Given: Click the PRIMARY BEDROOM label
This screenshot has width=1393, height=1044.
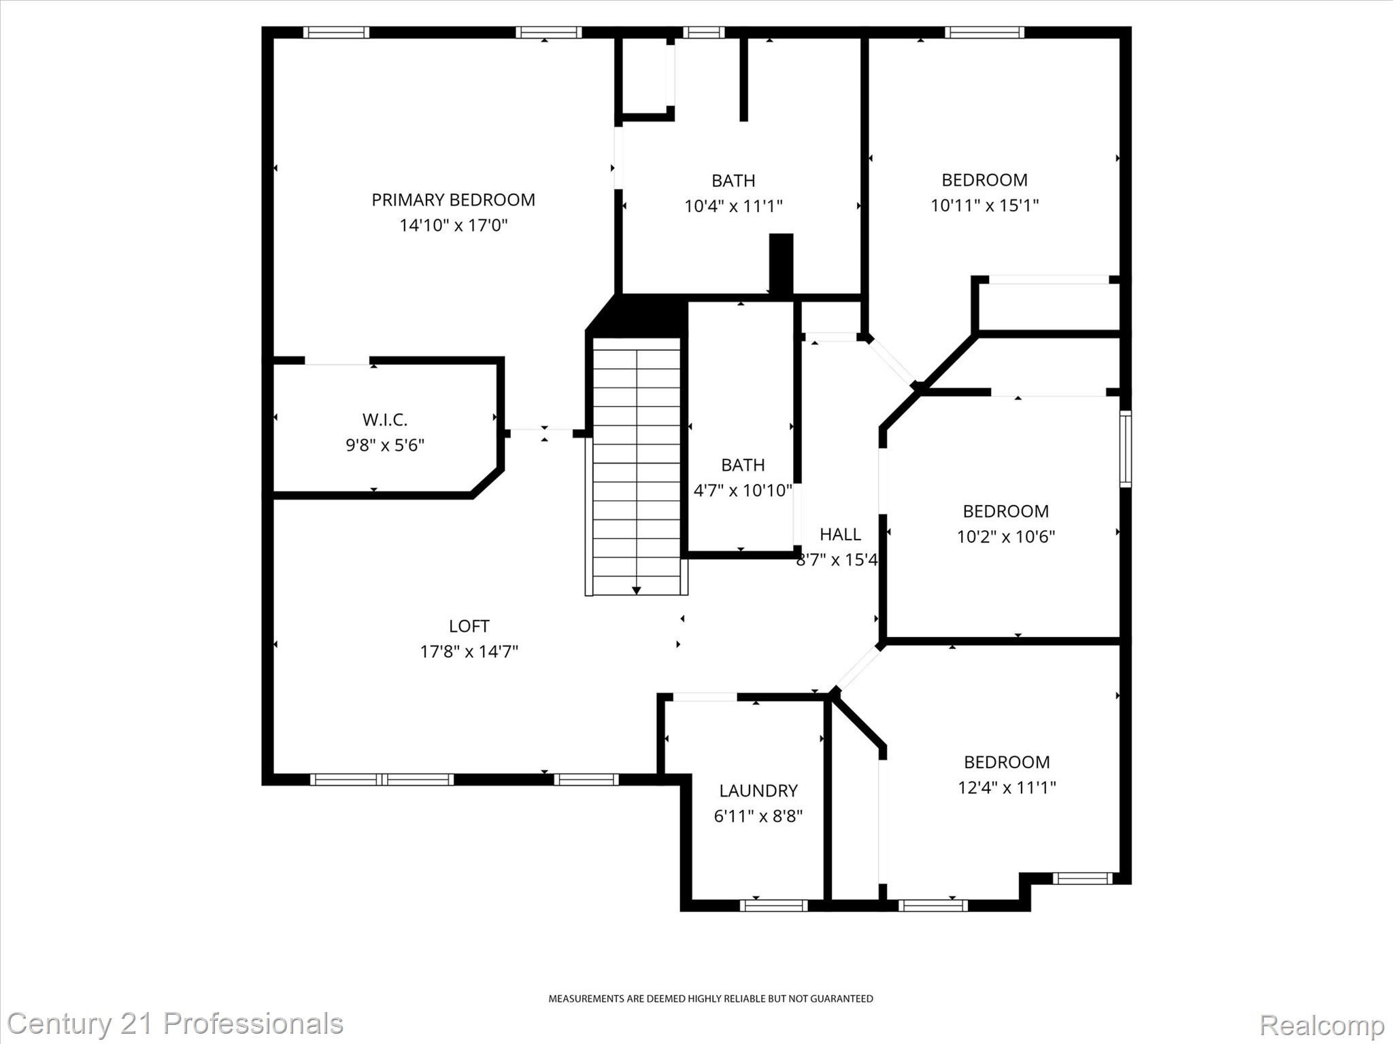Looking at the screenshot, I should click(x=453, y=200).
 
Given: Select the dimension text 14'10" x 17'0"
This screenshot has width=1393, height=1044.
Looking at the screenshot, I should click(x=453, y=225).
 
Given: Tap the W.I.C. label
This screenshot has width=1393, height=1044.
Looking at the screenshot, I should click(x=384, y=419).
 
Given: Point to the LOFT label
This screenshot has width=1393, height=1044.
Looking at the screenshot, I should click(x=469, y=626).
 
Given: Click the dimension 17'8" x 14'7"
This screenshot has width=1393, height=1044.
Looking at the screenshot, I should click(x=469, y=652).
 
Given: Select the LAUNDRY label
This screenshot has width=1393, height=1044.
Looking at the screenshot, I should click(x=758, y=790).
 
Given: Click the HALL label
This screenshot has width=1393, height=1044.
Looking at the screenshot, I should click(x=840, y=534).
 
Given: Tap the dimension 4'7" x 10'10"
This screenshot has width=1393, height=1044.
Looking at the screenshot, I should click(x=742, y=490).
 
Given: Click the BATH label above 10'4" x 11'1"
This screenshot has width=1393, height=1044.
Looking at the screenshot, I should click(x=733, y=181).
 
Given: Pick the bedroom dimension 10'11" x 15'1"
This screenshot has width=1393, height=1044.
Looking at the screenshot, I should click(x=984, y=205).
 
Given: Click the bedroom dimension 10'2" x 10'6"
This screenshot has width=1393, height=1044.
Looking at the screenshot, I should click(x=1005, y=537).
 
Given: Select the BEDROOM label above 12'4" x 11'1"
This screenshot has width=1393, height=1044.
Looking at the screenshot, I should click(x=1006, y=762).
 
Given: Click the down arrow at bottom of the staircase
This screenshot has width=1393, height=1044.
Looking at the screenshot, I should click(x=636, y=590).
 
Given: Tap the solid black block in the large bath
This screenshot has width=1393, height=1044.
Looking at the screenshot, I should click(x=781, y=264).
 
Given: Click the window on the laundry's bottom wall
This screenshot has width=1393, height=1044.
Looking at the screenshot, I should click(x=773, y=905).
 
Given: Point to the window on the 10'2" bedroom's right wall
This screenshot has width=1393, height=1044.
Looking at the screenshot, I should click(x=1126, y=449).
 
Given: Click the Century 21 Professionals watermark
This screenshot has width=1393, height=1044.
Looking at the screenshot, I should click(x=175, y=1024).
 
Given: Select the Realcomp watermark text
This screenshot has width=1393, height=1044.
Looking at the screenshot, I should click(x=1322, y=1024).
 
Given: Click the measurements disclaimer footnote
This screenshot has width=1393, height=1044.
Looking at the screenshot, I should click(x=710, y=998).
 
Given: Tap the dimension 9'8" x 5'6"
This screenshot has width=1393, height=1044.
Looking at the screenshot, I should click(x=384, y=445).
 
